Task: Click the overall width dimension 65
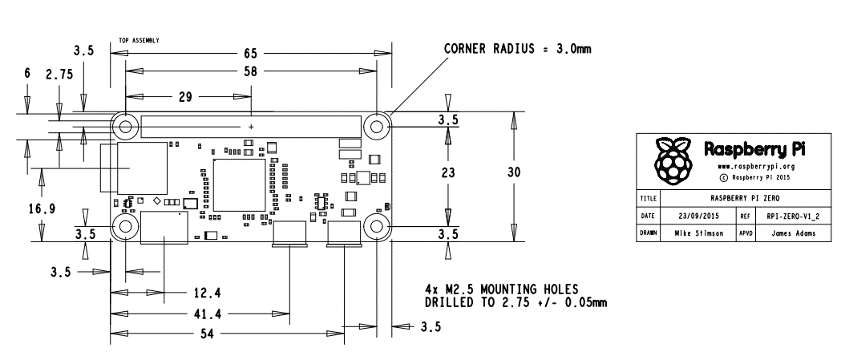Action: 251,53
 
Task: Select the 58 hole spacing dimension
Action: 251,71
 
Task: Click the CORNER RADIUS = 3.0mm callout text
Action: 517,49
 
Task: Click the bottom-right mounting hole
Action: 376,227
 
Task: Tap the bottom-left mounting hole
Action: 125,227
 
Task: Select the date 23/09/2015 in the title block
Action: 697,216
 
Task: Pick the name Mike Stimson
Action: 697,234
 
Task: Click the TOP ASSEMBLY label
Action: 139,38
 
